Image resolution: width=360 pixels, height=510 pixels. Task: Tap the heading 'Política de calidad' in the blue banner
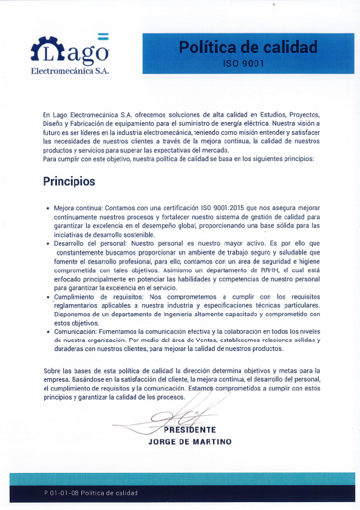click(248, 46)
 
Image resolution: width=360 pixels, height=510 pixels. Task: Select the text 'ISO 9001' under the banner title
click(248, 63)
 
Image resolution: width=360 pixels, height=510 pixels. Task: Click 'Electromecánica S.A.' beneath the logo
click(69, 72)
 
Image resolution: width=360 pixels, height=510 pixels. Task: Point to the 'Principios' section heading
click(69, 182)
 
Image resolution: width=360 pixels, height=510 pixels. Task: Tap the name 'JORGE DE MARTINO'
click(189, 441)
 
